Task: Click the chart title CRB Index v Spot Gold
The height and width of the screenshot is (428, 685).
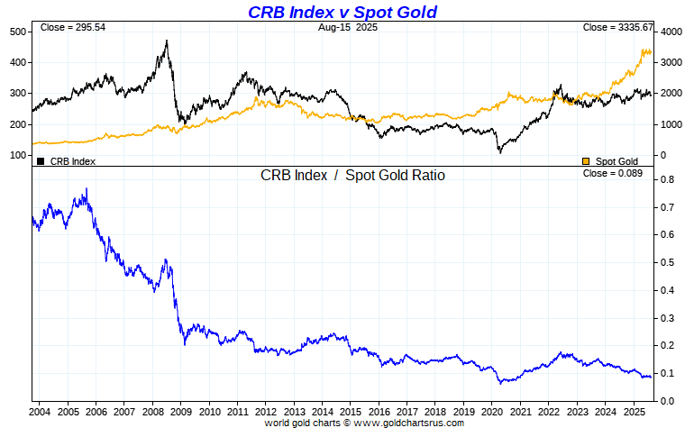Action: pos(342,12)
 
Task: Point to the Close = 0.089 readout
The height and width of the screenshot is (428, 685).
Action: pos(613,173)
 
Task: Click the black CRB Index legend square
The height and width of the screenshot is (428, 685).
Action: pos(40,161)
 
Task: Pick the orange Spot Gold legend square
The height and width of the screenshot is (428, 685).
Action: pos(587,161)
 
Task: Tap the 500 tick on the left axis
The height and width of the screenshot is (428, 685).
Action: pos(17,32)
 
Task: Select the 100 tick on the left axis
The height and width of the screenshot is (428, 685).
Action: pos(17,155)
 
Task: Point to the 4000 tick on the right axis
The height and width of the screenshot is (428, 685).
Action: pos(670,32)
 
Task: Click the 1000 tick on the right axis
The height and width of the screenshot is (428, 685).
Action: pos(670,124)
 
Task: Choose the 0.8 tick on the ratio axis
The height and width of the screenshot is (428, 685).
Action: pos(667,180)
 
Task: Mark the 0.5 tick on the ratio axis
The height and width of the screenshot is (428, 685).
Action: pos(667,263)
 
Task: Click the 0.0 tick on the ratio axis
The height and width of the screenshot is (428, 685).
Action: pos(667,401)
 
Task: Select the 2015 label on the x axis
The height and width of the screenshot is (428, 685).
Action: pos(350,412)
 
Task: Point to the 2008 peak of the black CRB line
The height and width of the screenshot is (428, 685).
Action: pos(167,41)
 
